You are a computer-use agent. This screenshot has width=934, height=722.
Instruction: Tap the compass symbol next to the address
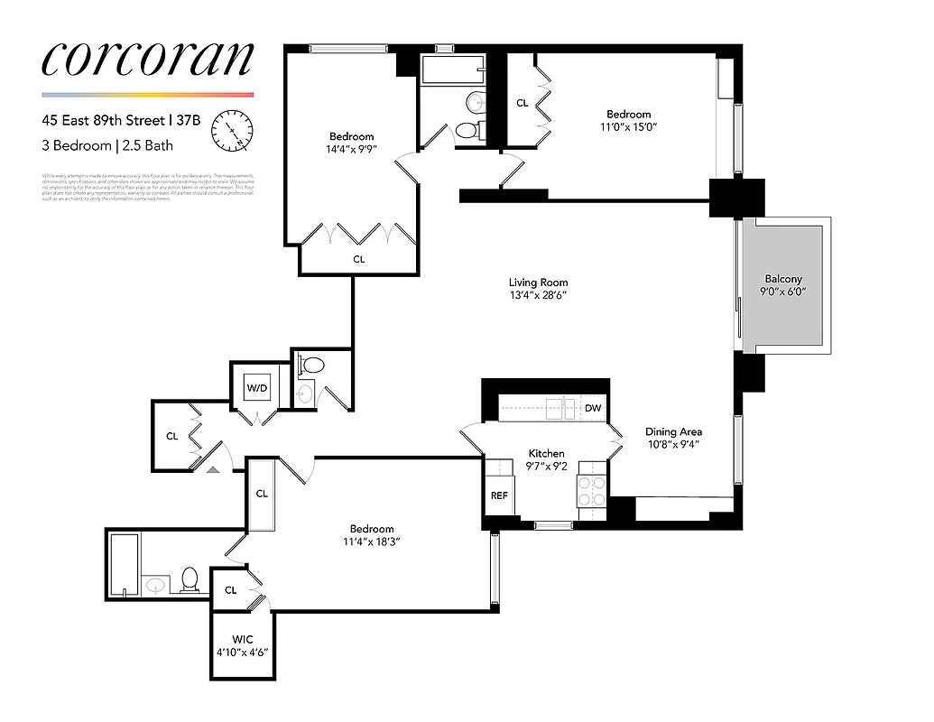click(233, 132)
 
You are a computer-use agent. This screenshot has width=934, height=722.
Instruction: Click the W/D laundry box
click(258, 388)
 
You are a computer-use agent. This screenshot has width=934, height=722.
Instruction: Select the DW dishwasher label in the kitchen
click(593, 409)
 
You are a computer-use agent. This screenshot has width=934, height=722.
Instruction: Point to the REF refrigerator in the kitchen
click(499, 495)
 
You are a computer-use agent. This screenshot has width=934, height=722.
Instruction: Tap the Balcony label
click(782, 280)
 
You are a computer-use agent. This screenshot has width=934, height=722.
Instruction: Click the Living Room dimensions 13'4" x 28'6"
click(538, 296)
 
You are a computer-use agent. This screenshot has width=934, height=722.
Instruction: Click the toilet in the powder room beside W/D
click(312, 366)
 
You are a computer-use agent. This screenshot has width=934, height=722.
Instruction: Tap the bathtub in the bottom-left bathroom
click(124, 564)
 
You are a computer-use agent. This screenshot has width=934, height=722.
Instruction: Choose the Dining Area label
click(674, 432)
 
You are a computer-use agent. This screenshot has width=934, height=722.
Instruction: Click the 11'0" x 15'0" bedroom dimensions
click(628, 127)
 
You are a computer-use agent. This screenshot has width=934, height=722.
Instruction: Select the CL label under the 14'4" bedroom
click(359, 259)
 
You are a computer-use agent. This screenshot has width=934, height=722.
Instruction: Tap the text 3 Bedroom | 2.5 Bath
click(107, 145)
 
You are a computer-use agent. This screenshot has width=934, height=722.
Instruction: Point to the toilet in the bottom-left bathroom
click(190, 579)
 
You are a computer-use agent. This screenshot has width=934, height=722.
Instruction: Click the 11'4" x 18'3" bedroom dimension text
click(372, 542)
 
